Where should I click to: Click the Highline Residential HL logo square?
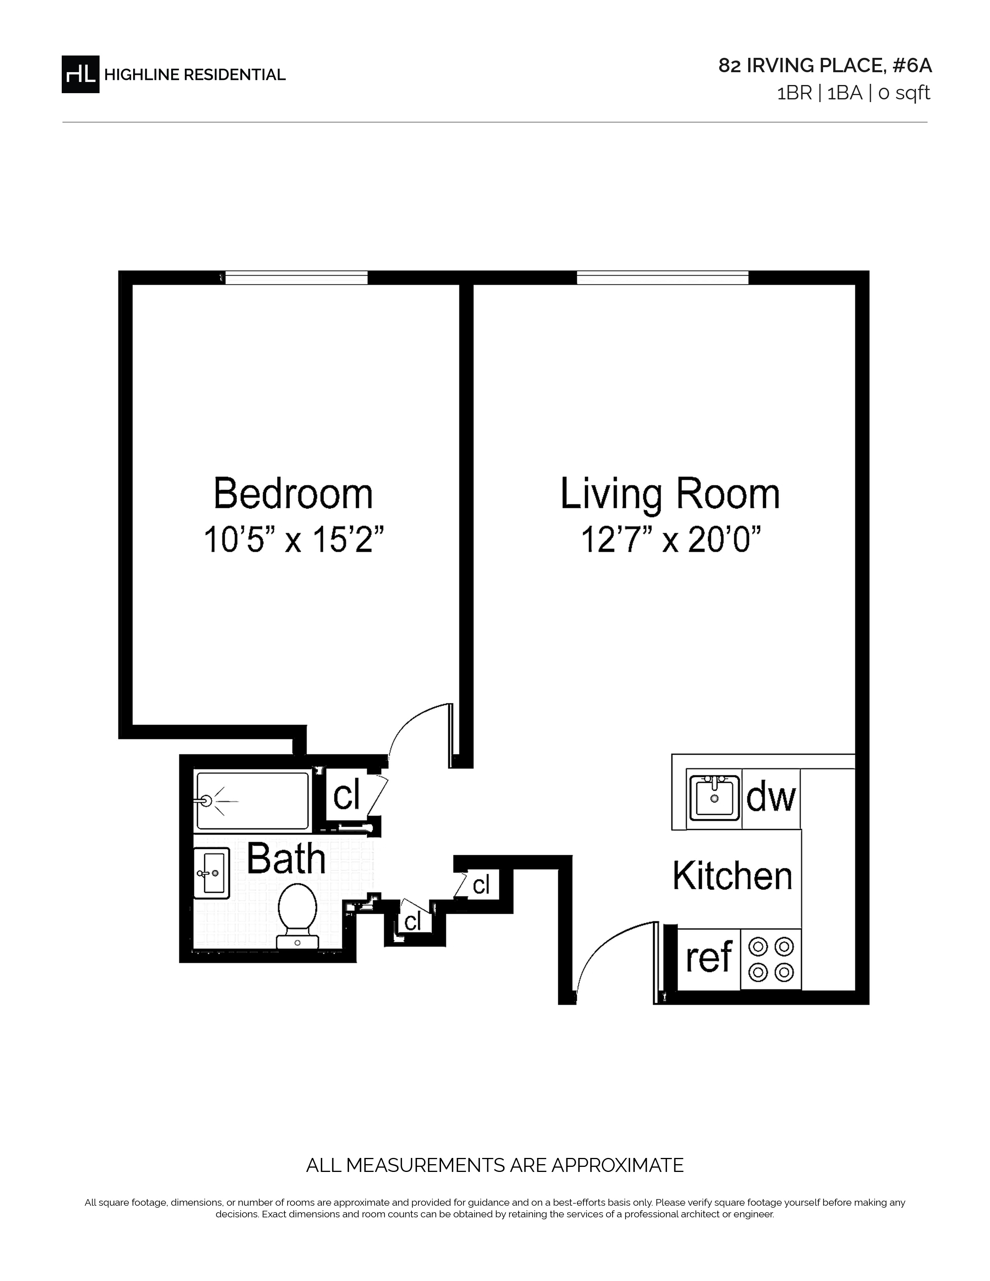[80, 75]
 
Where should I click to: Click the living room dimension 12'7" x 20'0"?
[670, 540]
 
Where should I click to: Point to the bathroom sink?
[212, 873]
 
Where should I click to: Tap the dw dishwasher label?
[771, 797]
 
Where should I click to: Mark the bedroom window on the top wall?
[296, 278]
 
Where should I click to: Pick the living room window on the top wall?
[663, 278]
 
